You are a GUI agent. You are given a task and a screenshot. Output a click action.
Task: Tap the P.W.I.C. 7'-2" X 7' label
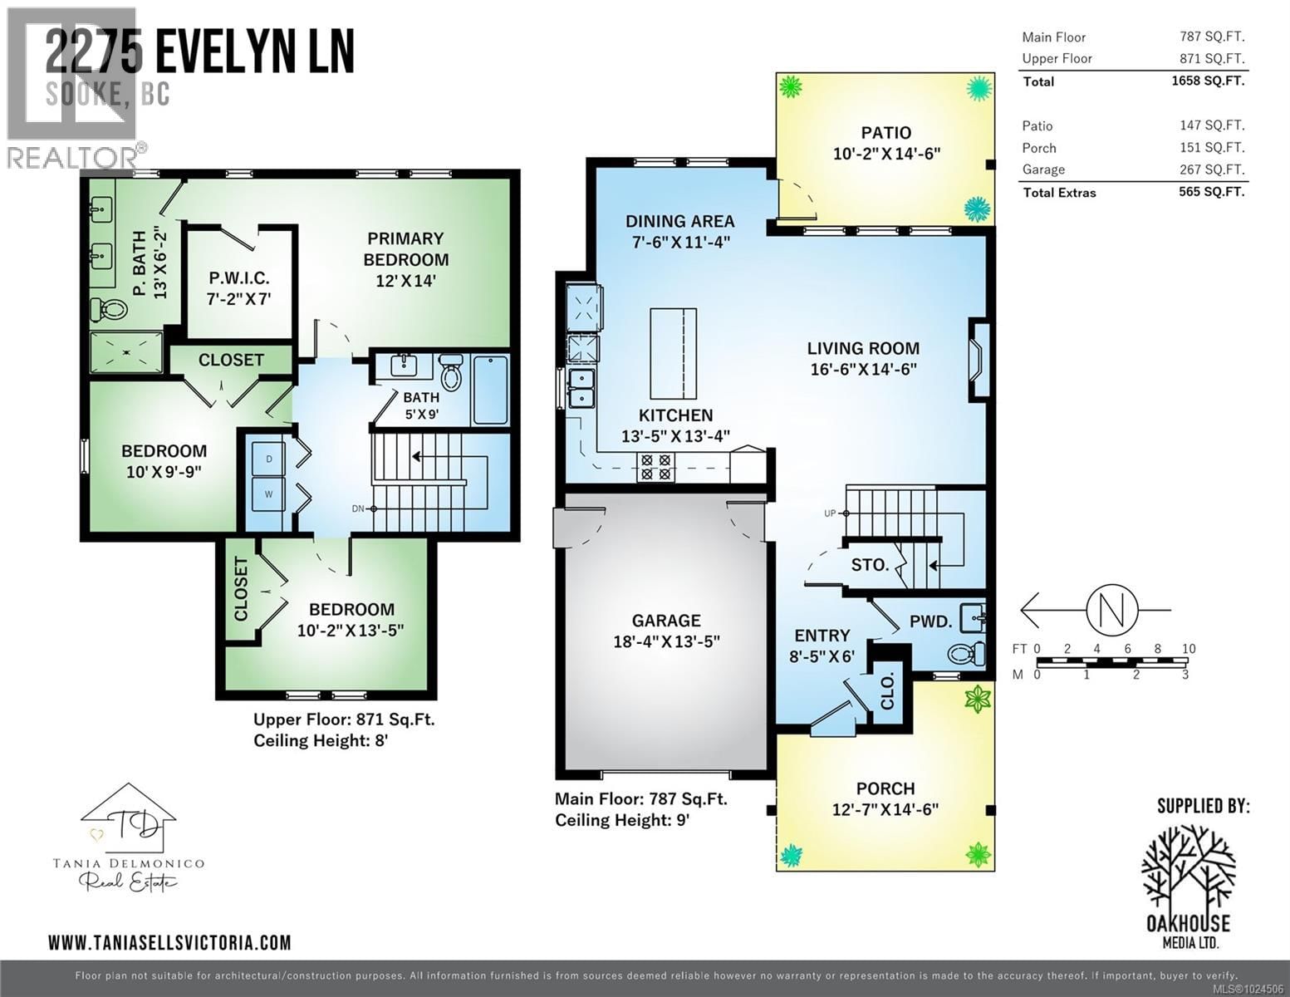238,288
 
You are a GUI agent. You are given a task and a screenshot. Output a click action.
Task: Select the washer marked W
269,494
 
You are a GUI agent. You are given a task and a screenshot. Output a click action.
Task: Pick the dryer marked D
269,459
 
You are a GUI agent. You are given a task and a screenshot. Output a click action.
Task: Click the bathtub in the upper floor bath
490,390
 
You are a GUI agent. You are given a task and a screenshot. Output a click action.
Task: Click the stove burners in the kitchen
654,468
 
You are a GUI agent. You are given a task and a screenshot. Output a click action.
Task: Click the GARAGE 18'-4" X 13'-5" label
665,631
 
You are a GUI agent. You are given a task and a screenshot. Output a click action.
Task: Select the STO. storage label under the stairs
870,565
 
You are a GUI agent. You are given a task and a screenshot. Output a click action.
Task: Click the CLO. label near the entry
887,691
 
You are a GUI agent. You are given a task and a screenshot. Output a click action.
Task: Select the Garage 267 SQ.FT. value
1211,169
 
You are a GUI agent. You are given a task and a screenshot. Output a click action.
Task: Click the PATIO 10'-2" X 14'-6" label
886,142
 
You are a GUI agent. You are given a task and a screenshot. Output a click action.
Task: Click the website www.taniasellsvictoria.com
169,942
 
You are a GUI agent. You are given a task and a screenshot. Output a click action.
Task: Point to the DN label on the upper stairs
358,508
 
